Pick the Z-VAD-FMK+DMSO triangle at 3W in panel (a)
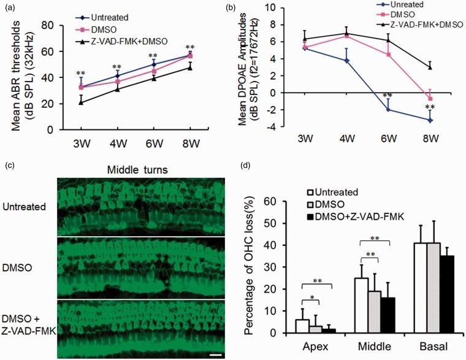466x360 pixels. [x=81, y=102]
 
